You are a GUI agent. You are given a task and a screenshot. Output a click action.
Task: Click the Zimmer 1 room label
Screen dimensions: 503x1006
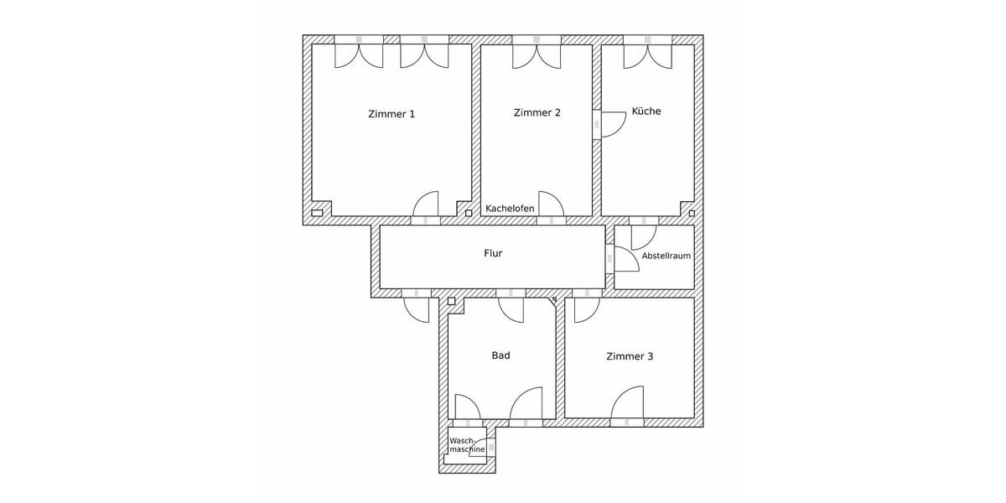(x=392, y=114)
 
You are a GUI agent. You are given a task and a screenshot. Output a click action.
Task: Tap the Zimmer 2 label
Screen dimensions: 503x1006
(x=537, y=112)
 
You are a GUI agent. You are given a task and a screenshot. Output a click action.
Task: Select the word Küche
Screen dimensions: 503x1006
(x=646, y=111)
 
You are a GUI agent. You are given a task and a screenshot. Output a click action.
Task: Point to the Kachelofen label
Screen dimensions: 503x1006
(x=510, y=209)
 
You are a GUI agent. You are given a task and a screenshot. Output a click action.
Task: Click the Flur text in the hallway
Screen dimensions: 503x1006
(x=493, y=253)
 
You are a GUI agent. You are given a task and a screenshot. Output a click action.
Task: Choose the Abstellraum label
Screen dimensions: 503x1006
(x=666, y=256)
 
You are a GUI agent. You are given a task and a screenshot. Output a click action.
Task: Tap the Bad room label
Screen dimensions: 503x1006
(x=500, y=355)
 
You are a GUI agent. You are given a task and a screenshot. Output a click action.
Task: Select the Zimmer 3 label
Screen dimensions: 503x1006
(x=630, y=356)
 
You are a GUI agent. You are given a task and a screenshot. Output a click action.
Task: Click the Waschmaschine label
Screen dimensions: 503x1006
(x=467, y=445)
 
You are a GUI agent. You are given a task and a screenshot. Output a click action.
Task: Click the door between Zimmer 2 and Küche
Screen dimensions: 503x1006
(x=609, y=123)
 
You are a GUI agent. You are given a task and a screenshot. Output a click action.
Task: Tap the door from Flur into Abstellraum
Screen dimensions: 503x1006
(x=625, y=259)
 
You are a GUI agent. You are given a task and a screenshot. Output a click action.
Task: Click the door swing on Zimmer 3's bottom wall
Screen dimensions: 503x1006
(x=627, y=403)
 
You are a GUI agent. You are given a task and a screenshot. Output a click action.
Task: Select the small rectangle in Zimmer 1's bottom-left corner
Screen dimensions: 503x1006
(x=317, y=213)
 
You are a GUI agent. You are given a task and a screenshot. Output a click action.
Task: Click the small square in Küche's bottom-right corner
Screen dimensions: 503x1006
(x=691, y=213)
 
